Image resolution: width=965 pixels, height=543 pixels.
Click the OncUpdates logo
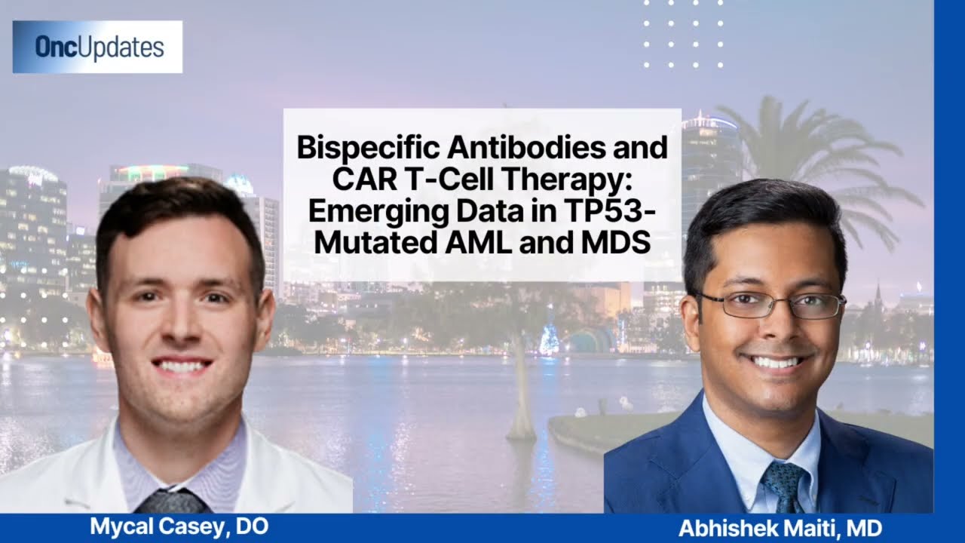point(97,47)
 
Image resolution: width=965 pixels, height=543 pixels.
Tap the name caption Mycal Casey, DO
point(179,526)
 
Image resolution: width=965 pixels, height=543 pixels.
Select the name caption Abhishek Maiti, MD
point(780,529)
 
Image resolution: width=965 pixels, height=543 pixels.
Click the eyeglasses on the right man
point(768,305)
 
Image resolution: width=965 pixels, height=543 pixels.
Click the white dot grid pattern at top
point(683,34)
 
